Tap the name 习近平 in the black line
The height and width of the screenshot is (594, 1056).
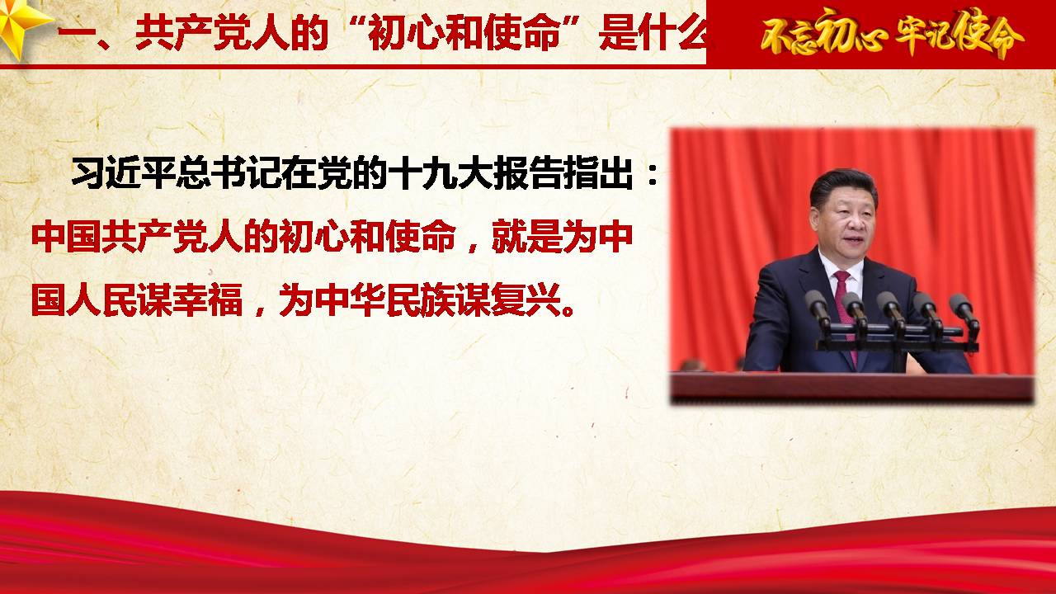[124, 172]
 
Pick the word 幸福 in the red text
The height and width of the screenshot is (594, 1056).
[207, 299]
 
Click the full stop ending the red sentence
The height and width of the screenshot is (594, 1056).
[568, 309]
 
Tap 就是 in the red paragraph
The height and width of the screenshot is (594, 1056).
[526, 236]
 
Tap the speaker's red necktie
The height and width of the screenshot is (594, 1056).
[846, 311]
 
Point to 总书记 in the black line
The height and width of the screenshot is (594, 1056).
[229, 172]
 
